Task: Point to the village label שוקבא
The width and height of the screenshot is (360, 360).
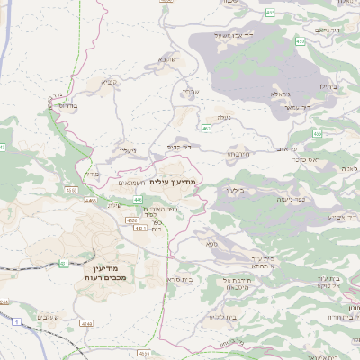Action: click(x=166, y=60)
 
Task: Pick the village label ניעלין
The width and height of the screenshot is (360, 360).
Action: click(x=128, y=150)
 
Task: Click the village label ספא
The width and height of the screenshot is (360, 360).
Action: click(x=211, y=244)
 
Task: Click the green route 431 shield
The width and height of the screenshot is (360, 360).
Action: click(x=63, y=263)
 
